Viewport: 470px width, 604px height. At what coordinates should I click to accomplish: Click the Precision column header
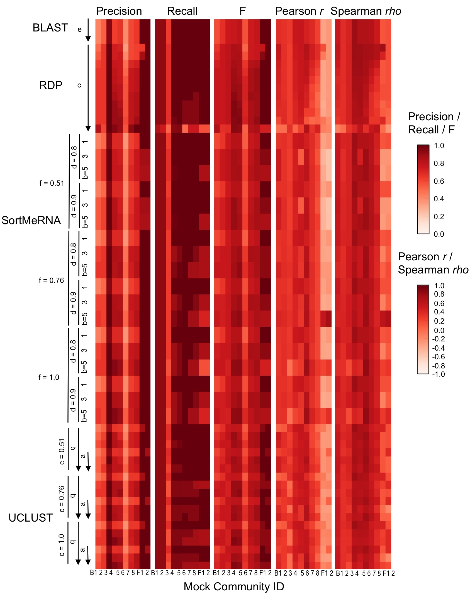click(x=119, y=11)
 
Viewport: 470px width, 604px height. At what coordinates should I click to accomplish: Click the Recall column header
click(x=182, y=11)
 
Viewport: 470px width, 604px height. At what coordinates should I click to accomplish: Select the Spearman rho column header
click(x=366, y=11)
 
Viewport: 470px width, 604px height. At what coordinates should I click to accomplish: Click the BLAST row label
click(x=50, y=28)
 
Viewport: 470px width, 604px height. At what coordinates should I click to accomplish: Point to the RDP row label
click(x=51, y=85)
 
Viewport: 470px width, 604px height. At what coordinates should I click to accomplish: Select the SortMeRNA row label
click(x=31, y=220)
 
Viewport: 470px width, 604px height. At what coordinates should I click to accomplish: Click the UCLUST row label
click(x=31, y=518)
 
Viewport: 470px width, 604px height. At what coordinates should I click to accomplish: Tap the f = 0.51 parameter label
click(x=52, y=183)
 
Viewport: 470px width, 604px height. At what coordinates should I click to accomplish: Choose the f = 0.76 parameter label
click(x=52, y=280)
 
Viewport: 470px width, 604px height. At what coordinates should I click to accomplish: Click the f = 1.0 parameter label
click(x=49, y=377)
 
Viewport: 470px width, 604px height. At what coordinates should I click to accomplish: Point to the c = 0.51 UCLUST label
click(x=62, y=451)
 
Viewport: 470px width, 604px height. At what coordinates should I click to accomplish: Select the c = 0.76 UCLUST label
click(x=62, y=499)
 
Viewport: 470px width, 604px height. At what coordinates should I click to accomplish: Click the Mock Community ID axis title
click(x=234, y=586)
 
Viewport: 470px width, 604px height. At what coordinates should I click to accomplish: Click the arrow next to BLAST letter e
click(x=88, y=30)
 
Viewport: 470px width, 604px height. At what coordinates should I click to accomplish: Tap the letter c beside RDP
click(x=79, y=85)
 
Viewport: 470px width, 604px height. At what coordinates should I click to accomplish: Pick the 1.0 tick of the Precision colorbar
click(x=439, y=146)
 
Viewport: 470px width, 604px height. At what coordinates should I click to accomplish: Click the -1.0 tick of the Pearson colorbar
click(x=438, y=374)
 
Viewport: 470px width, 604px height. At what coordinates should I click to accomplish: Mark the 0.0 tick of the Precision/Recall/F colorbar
click(x=439, y=234)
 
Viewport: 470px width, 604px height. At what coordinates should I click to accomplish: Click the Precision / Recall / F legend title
click(x=434, y=123)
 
